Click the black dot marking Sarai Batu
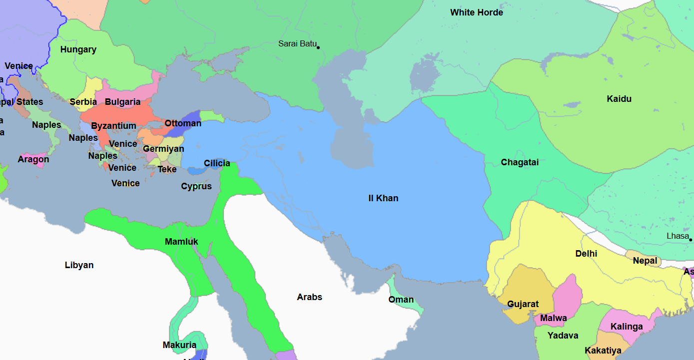point(318,47)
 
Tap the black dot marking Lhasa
point(691,240)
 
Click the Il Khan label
point(383,198)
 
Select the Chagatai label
point(520,162)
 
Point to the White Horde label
point(476,12)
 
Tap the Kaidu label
point(619,99)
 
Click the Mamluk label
point(181,242)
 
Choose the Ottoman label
point(183,123)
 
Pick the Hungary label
point(78,49)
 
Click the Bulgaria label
point(122,102)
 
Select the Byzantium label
point(113,126)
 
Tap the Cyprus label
point(196,186)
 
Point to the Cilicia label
point(217,163)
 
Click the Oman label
point(401,300)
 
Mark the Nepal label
point(645,261)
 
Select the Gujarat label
point(523,304)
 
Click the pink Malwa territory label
point(553,318)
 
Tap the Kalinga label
point(627,327)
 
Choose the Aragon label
point(33,159)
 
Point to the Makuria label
point(179,345)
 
